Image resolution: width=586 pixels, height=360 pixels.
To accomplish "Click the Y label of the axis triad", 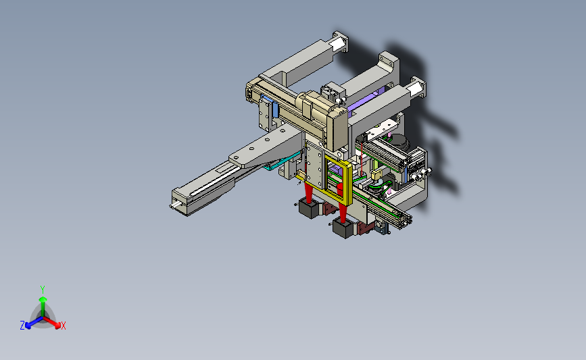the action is click(x=42, y=290).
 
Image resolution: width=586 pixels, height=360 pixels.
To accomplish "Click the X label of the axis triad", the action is click(x=63, y=326).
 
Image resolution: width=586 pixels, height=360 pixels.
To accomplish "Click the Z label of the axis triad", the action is click(x=22, y=326).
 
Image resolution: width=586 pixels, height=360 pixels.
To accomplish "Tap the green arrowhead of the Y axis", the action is click(x=43, y=299).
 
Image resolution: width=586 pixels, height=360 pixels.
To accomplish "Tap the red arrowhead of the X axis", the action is click(x=57, y=325).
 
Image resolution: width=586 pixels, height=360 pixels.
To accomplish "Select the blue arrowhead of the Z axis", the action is click(x=28, y=326).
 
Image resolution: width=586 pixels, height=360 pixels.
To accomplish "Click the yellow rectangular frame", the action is click(x=350, y=183).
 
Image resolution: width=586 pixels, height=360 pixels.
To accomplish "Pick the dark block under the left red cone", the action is click(x=310, y=209).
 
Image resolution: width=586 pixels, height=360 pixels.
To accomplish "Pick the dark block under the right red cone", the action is click(x=343, y=228).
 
